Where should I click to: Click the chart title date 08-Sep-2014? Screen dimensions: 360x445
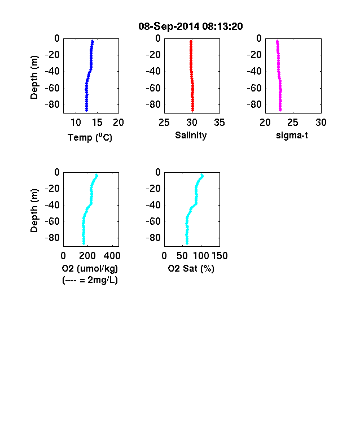(x=169, y=27)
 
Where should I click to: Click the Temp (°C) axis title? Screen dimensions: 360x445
(x=90, y=137)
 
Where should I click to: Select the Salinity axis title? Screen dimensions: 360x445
(x=191, y=136)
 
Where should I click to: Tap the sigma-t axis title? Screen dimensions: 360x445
(x=292, y=136)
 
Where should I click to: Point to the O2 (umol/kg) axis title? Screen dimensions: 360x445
(x=90, y=268)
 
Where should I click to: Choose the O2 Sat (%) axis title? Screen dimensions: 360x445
(x=191, y=268)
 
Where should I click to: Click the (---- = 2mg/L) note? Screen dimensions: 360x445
(x=90, y=280)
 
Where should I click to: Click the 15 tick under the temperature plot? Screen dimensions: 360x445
(x=97, y=123)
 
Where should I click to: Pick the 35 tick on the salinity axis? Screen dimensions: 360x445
(x=219, y=123)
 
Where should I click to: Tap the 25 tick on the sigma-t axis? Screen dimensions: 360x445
(x=292, y=123)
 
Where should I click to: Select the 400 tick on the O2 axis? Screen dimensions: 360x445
(x=112, y=256)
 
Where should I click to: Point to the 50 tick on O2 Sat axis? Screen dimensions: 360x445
(x=182, y=256)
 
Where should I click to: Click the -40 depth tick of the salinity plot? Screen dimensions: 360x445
(x=153, y=71)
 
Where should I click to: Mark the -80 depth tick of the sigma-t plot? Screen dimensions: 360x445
(x=254, y=104)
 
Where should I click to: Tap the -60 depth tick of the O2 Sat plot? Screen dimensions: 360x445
(x=153, y=221)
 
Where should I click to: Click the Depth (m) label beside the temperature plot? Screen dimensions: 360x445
(x=34, y=77)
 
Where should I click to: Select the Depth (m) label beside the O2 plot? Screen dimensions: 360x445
(x=34, y=211)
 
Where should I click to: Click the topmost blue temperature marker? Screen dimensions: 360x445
(x=93, y=41)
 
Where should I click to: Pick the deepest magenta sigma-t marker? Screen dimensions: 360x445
(x=280, y=110)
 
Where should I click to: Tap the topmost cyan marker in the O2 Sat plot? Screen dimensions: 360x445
(x=202, y=176)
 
